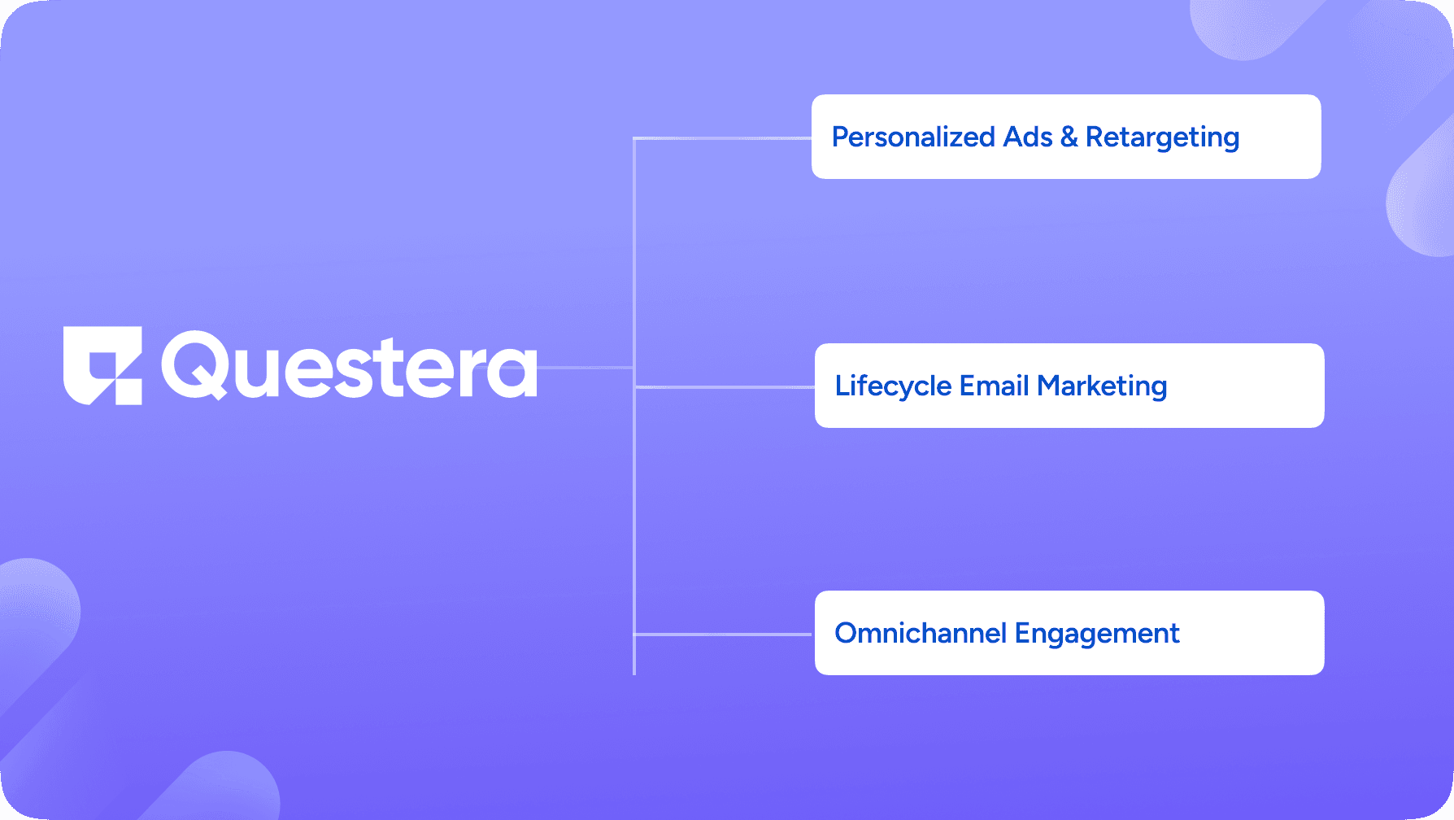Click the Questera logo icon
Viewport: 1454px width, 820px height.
click(x=102, y=365)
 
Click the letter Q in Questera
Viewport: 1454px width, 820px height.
click(x=195, y=365)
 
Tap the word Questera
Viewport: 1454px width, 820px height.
click(x=349, y=365)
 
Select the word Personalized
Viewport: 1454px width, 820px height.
click(x=913, y=137)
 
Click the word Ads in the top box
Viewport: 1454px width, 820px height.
click(x=1028, y=137)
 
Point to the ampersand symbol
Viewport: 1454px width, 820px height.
click(x=1069, y=137)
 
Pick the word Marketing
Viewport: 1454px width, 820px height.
click(x=1102, y=386)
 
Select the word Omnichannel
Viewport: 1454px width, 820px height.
click(x=921, y=633)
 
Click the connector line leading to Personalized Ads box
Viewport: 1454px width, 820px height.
click(x=722, y=138)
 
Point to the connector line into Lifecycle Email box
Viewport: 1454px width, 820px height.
click(x=725, y=386)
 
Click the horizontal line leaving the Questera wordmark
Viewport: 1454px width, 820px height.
click(x=586, y=368)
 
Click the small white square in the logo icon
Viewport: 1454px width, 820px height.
click(x=128, y=392)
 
